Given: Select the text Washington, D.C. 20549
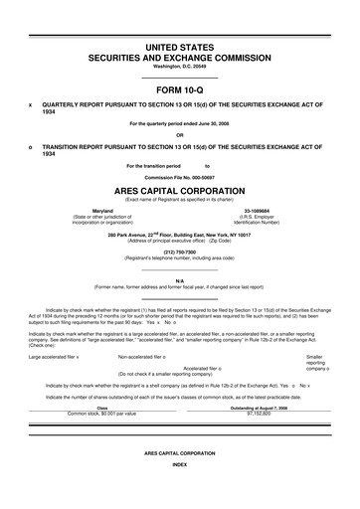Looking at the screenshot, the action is tap(179, 68).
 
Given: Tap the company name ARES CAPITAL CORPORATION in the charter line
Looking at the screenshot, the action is tap(179, 192).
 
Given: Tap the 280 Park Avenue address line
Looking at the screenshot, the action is tap(179, 235).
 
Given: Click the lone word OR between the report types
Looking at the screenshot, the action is tap(179, 136).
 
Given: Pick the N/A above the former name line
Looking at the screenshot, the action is tap(179, 281).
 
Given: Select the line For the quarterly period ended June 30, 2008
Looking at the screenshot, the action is tap(179, 123).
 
